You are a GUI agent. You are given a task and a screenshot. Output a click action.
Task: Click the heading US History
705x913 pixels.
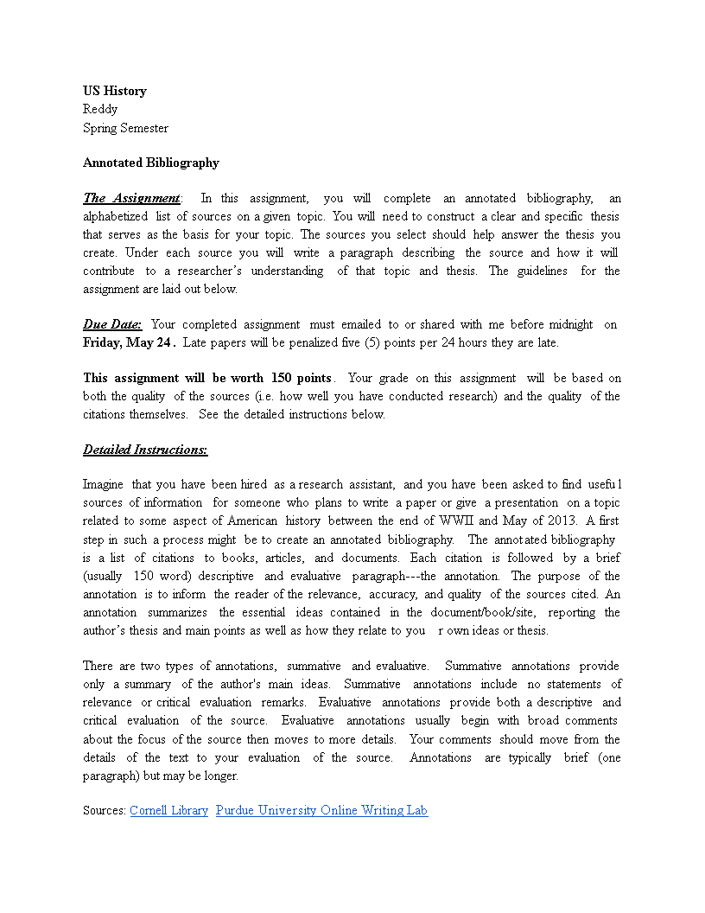click(115, 91)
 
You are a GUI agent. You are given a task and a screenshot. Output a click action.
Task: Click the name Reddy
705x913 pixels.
click(100, 109)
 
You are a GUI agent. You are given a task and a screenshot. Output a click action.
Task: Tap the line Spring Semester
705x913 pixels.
click(125, 128)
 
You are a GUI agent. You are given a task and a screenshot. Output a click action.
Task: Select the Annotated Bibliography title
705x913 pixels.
click(151, 163)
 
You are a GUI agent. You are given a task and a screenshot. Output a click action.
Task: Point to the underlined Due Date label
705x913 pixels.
click(112, 324)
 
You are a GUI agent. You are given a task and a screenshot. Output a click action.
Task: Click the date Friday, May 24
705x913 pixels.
click(128, 342)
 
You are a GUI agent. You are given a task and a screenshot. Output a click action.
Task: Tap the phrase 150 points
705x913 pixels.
click(301, 378)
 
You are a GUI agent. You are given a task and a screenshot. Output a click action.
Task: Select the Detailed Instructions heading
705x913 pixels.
click(145, 450)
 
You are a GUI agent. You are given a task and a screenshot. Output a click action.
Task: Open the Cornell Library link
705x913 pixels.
click(168, 810)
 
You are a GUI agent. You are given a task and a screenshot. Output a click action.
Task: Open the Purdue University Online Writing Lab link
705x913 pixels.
click(321, 810)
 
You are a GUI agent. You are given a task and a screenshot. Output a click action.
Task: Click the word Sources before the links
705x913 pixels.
click(104, 810)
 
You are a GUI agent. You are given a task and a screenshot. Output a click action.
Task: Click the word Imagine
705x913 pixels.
click(103, 484)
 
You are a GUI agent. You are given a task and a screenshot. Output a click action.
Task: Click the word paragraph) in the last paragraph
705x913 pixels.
click(113, 776)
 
